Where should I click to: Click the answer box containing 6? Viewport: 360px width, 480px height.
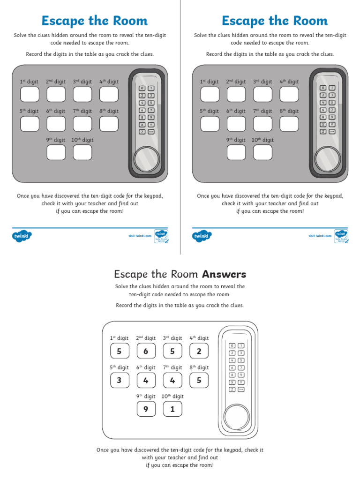click(x=146, y=351)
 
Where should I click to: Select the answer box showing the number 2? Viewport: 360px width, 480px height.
click(x=199, y=351)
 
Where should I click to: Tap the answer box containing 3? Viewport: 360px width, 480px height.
click(x=119, y=380)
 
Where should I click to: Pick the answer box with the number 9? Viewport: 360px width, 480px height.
click(x=146, y=409)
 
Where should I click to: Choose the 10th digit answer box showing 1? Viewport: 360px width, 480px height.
click(x=172, y=409)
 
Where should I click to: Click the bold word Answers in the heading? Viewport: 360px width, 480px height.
click(x=224, y=274)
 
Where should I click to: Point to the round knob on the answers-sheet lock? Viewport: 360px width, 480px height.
click(x=237, y=415)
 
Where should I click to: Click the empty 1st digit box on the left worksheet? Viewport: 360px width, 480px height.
click(x=30, y=94)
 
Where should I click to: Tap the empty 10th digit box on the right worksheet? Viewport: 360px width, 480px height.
click(x=262, y=152)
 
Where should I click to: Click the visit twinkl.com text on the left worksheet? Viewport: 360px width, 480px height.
click(x=140, y=236)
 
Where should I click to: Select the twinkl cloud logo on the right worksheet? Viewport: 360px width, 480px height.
click(x=202, y=236)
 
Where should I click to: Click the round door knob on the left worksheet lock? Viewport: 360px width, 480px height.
click(x=147, y=159)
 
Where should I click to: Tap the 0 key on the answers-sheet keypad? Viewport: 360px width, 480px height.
click(x=232, y=345)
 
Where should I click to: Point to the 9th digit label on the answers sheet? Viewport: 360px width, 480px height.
click(x=146, y=396)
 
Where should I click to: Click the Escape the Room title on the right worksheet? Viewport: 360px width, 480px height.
click(x=274, y=21)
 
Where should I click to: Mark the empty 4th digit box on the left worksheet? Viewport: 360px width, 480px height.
click(x=109, y=94)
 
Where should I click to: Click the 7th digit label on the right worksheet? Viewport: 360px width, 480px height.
click(x=262, y=111)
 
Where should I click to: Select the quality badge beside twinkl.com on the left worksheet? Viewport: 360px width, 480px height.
click(x=161, y=236)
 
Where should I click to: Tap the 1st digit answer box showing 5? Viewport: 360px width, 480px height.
click(x=119, y=351)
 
